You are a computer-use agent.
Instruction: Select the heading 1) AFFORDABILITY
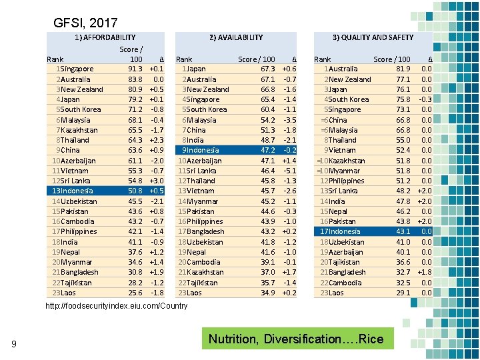[105, 37]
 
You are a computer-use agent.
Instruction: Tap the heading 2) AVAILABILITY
[236, 37]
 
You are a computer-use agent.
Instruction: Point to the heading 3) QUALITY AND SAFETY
[373, 37]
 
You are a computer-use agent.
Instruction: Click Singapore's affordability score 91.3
[134, 69]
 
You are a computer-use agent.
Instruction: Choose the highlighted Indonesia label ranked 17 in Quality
[343, 231]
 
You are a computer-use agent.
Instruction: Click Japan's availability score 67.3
[267, 69]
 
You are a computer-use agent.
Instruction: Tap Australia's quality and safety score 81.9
[403, 69]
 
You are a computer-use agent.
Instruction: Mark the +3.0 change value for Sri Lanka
[156, 181]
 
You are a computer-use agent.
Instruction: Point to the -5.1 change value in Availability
[289, 171]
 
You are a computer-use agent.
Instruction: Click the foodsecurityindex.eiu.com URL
[116, 306]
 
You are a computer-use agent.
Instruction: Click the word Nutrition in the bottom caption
[233, 339]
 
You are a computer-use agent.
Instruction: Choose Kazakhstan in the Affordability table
[79, 130]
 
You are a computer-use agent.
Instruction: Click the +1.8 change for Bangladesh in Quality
[424, 272]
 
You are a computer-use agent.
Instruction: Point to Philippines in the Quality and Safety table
[346, 181]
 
